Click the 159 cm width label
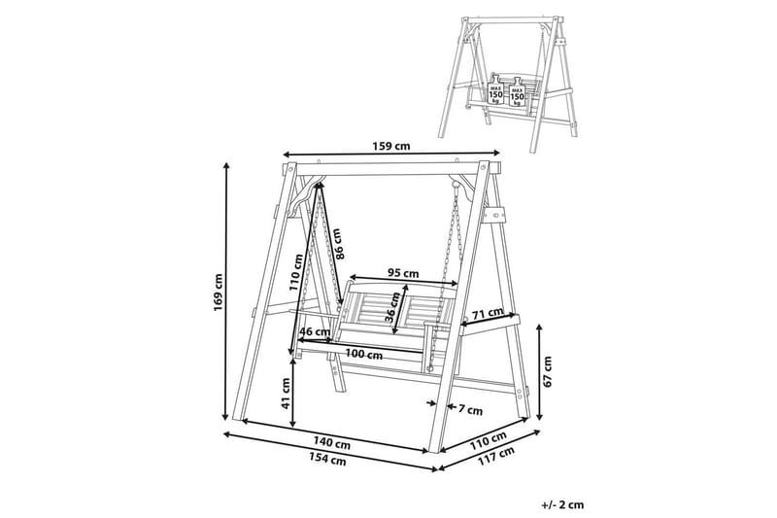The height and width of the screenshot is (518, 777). coord(391,146)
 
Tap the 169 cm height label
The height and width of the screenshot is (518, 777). coord(218,293)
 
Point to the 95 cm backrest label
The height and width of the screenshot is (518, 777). coord(403,273)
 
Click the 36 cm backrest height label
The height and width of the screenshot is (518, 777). coord(393,308)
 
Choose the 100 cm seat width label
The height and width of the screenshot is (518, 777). coord(363,355)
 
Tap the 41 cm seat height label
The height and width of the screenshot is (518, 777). coord(286,394)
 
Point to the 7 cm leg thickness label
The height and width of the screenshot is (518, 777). coord(470,410)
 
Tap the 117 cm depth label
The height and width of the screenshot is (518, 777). coord(496,457)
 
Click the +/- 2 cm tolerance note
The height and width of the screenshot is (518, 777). coord(563,505)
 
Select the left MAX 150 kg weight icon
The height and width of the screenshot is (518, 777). coord(496,90)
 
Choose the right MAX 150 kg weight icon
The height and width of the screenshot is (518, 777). coord(517,92)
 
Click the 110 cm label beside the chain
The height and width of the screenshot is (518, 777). coord(296,273)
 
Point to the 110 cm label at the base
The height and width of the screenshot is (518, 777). coord(489,441)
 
